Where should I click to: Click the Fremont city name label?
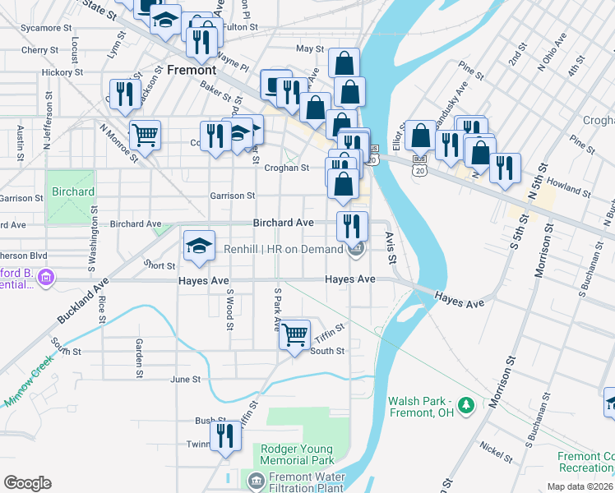tap(192, 71)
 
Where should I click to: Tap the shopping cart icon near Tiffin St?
tap(294, 334)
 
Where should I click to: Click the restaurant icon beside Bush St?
tap(221, 435)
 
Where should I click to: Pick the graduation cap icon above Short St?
tap(198, 246)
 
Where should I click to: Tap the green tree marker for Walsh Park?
tap(467, 405)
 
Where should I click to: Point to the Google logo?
tap(27, 483)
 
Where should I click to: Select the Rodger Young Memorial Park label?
tap(297, 455)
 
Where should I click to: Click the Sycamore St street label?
tap(47, 28)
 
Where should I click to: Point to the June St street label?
tap(185, 380)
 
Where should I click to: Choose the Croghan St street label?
tap(286, 168)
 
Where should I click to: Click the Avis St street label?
tap(391, 247)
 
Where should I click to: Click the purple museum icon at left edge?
tap(46, 279)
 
